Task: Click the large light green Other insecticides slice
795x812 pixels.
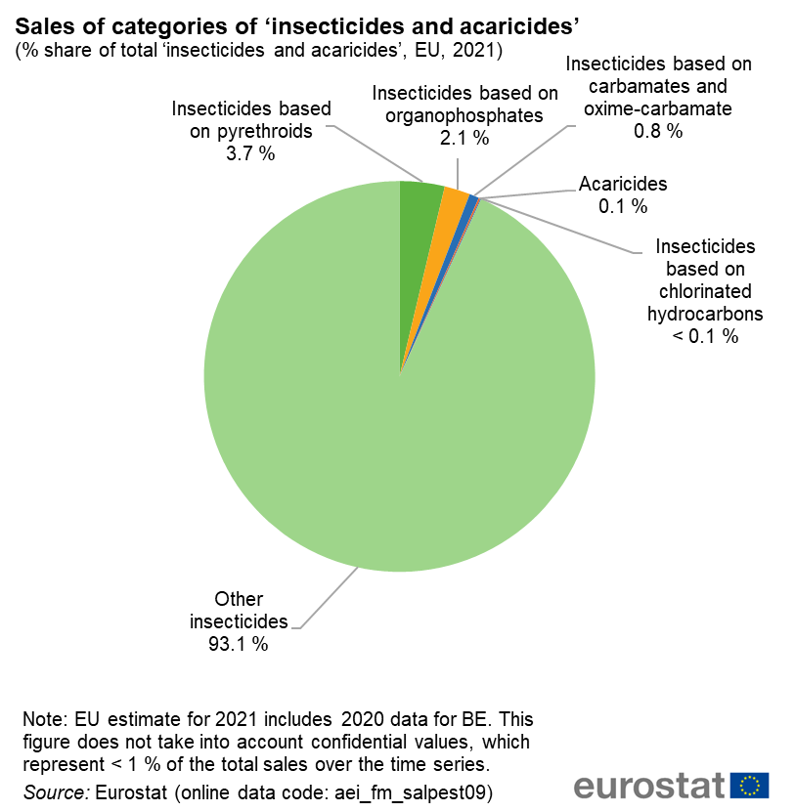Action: [391, 440]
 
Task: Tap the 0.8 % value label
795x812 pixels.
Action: [658, 131]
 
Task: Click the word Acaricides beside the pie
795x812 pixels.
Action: [623, 183]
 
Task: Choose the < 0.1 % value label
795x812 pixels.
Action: [704, 337]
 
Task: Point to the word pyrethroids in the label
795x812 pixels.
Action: [251, 131]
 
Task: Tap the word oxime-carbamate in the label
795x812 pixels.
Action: [658, 108]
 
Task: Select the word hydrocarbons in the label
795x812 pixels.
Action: [705, 315]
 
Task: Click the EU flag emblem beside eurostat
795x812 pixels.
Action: [750, 785]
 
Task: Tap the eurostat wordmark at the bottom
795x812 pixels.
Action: [650, 786]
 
